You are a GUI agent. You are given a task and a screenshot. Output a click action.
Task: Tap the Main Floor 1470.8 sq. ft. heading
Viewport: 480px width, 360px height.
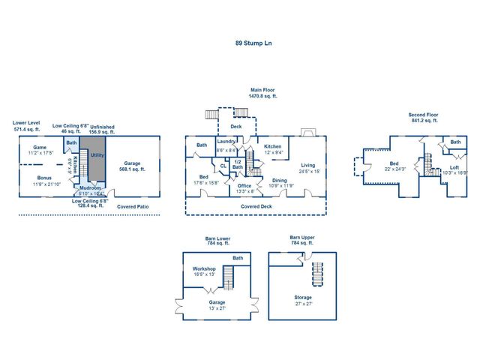[263, 93]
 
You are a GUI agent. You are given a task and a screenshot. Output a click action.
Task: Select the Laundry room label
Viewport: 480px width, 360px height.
[226, 141]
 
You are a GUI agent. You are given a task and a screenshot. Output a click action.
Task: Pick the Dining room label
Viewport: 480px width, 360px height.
[280, 180]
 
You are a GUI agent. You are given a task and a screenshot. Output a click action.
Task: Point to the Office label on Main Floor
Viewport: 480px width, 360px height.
[244, 185]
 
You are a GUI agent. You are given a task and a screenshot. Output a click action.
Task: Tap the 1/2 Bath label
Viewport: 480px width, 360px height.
[237, 164]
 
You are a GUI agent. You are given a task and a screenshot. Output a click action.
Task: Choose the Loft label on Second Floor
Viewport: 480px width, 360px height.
[454, 167]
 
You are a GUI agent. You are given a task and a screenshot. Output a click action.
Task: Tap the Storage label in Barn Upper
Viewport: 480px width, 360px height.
[303, 297]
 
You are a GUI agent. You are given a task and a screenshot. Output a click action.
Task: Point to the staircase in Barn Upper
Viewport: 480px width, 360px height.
[316, 274]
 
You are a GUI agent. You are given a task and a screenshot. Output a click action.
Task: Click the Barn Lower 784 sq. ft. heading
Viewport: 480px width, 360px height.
[217, 241]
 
